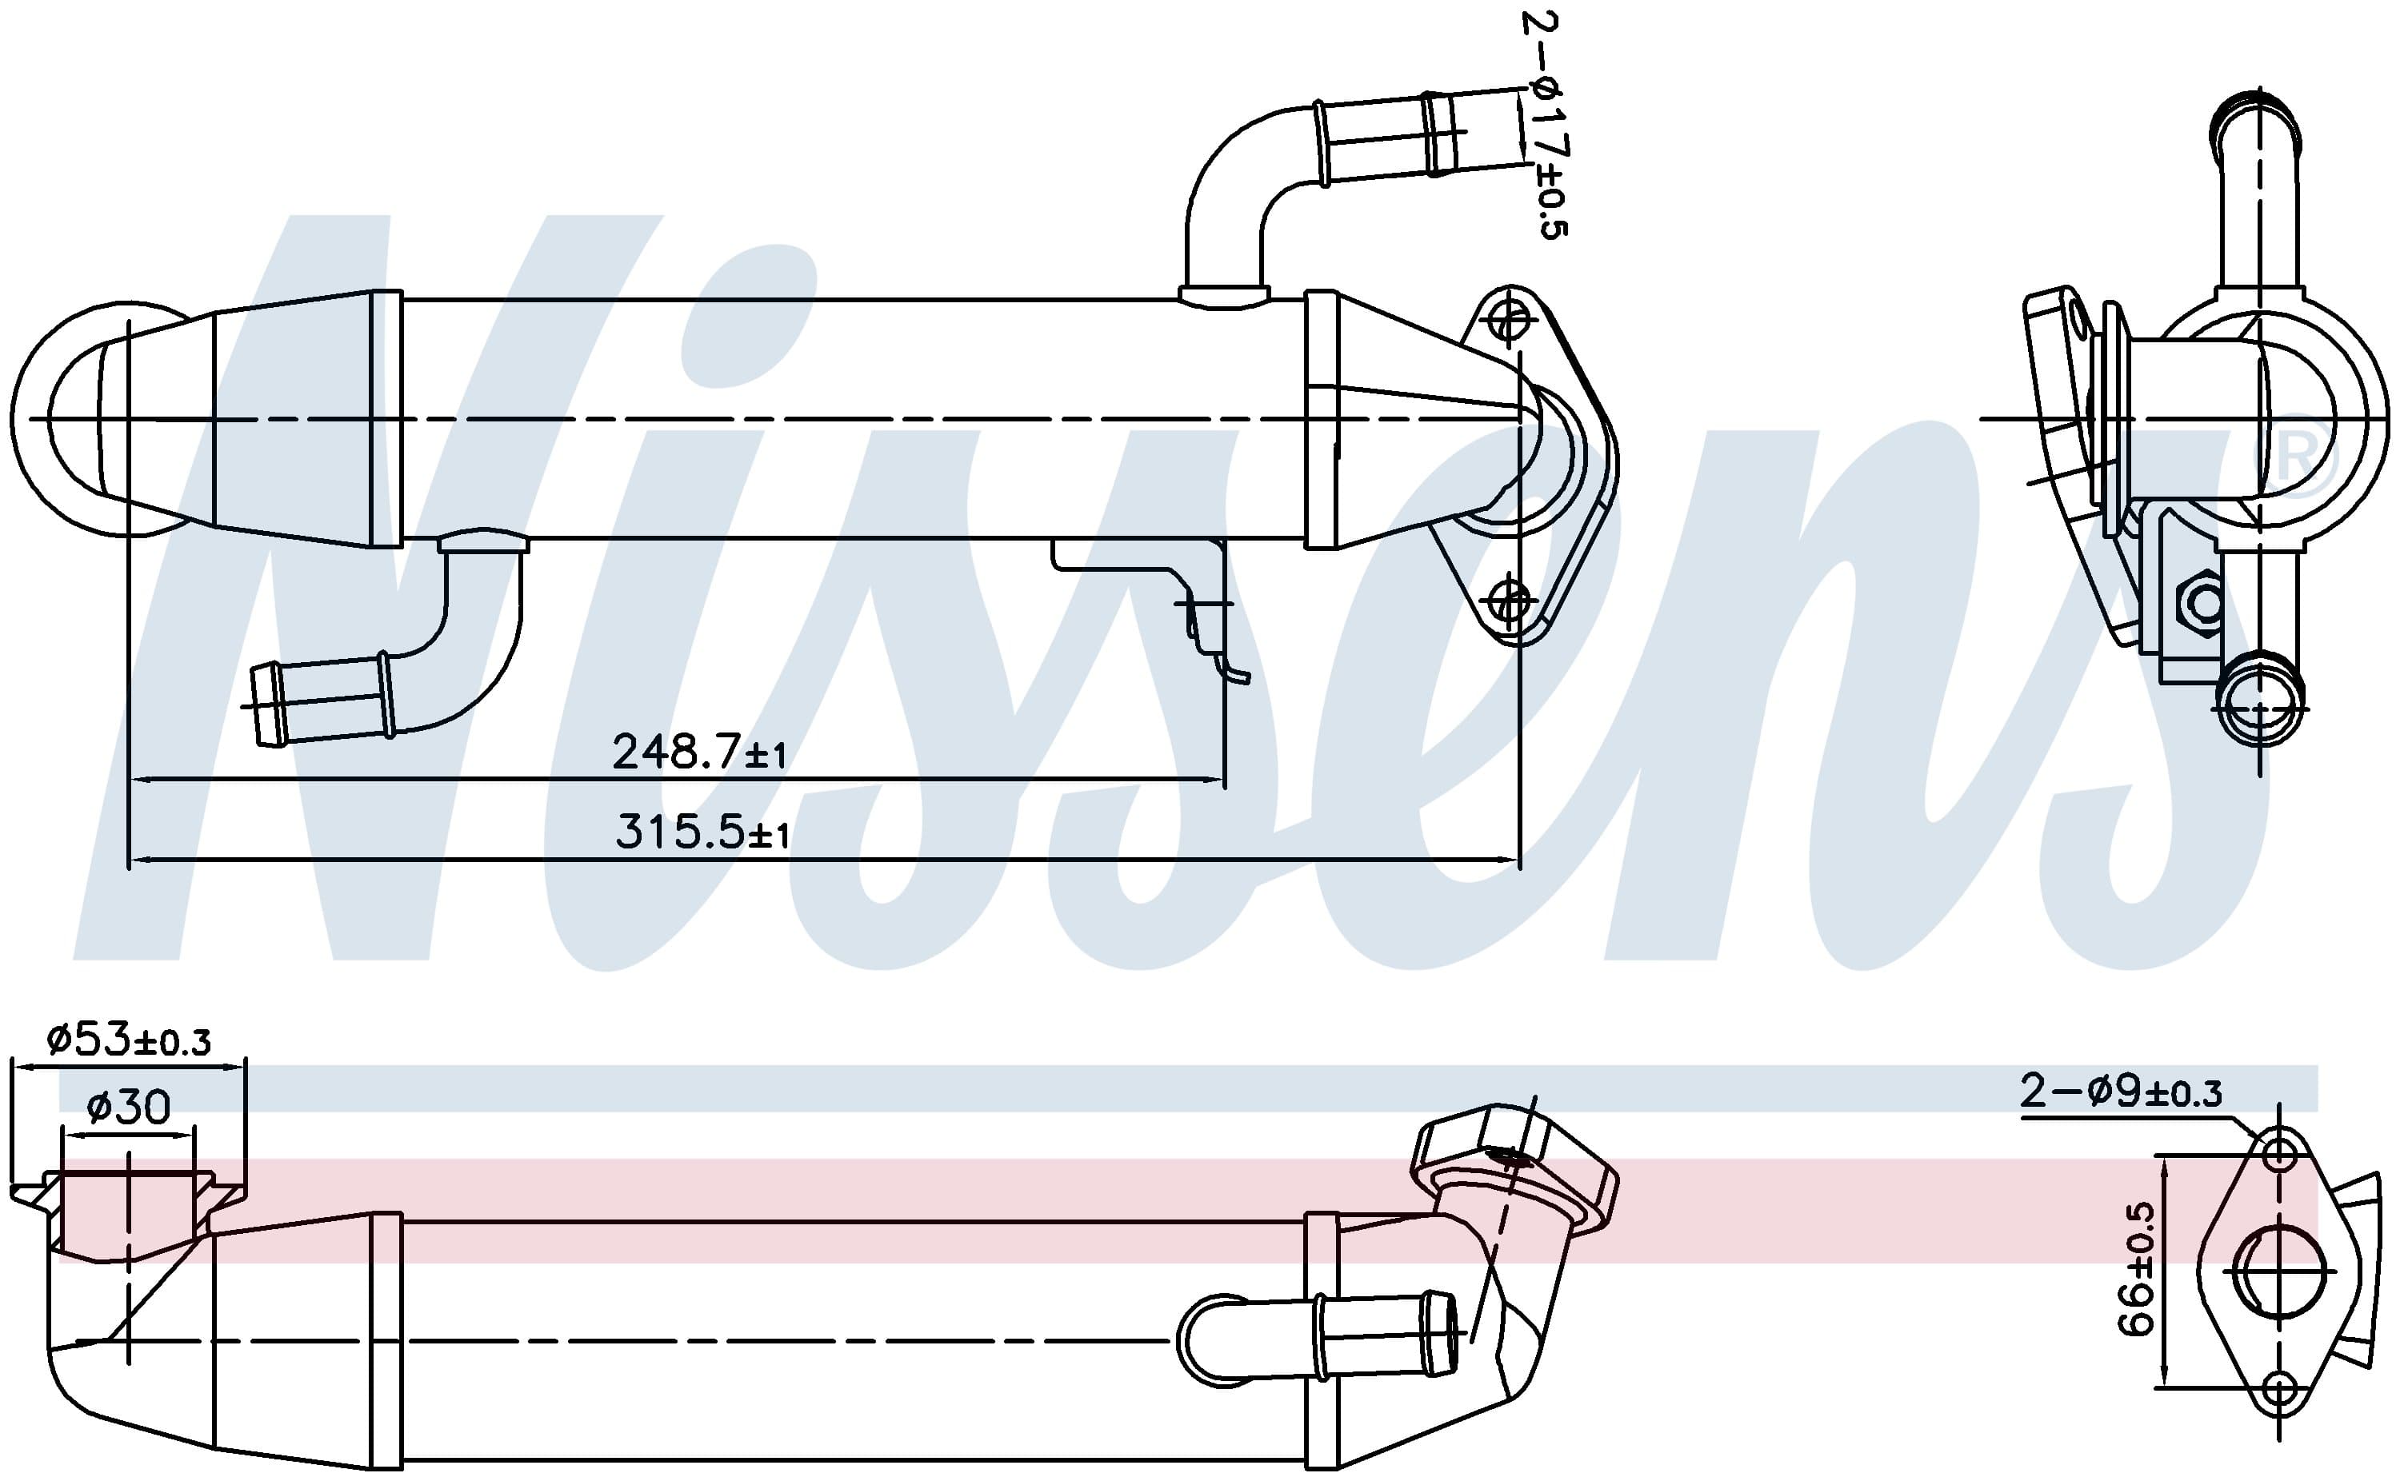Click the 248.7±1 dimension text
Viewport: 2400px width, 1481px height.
pyautogui.click(x=699, y=752)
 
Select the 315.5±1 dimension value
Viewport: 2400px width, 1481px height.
pyautogui.click(x=702, y=832)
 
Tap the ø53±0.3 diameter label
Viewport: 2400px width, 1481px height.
pyautogui.click(x=128, y=1040)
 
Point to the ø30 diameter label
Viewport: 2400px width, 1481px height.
pyautogui.click(x=128, y=1107)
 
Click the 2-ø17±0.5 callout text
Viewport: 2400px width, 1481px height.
pyautogui.click(x=1546, y=125)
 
